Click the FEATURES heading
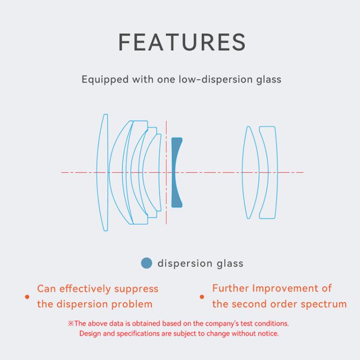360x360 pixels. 181,42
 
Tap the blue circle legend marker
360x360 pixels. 146,263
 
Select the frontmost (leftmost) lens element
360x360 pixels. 102,172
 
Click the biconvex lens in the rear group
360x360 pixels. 251,172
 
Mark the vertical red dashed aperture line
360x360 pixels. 166,172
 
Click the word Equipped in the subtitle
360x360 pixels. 105,80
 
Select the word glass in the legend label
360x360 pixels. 230,264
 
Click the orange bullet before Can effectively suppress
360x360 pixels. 27,297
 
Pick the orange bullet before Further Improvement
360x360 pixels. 202,297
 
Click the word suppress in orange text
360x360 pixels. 136,289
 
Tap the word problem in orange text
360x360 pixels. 132,305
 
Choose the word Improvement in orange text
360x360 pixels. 285,288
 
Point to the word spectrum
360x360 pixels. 324,305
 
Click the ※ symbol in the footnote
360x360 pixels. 71,324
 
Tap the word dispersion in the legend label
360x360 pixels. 185,264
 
